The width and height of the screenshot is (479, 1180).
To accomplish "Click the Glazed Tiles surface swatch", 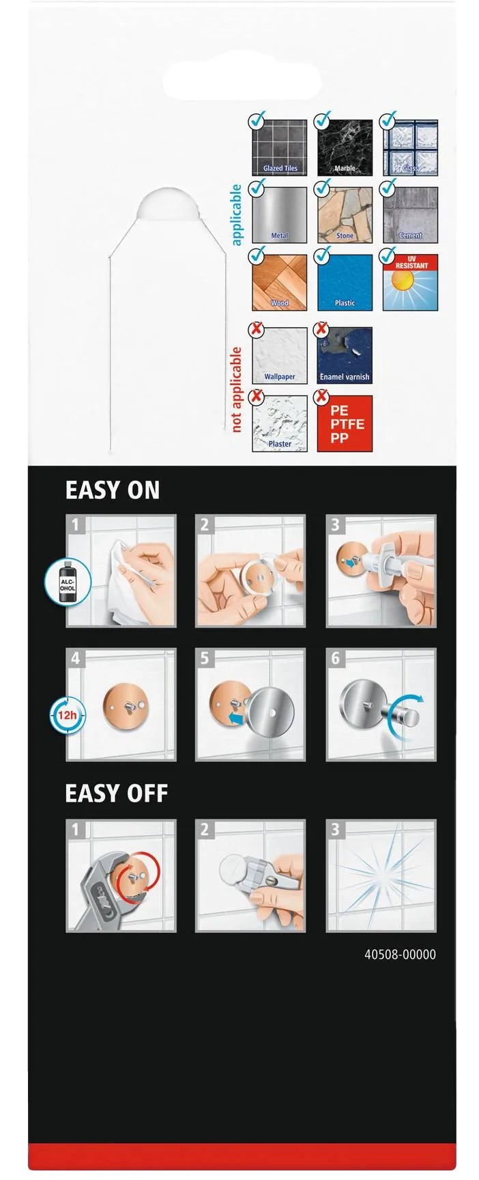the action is click(280, 147).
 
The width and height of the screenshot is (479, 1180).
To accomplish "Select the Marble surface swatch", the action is click(345, 147).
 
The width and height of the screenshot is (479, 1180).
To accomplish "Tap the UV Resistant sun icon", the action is click(410, 283).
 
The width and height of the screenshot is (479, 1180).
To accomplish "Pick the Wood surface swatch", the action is click(280, 283).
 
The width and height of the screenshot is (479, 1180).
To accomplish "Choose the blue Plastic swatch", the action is click(345, 283).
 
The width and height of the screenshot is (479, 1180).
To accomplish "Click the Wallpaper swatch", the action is click(280, 356).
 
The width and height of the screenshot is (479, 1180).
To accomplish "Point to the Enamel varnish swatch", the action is click(345, 356).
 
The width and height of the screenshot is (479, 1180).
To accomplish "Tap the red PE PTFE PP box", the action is click(345, 423).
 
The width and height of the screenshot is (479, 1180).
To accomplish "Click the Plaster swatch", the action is click(280, 423).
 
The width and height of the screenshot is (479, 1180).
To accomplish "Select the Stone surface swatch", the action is click(345, 215).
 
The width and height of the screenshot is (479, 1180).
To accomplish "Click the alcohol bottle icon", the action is click(68, 582).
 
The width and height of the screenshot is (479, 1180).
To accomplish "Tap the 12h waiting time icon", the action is click(67, 716).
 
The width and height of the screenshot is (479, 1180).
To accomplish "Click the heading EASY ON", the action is click(113, 490).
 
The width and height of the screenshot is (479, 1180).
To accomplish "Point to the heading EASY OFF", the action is click(117, 793).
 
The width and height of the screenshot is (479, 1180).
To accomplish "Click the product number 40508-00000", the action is click(400, 955).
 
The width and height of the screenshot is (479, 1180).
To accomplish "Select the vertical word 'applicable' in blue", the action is click(236, 214).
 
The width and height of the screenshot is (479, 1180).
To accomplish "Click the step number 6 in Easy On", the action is click(335, 658).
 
